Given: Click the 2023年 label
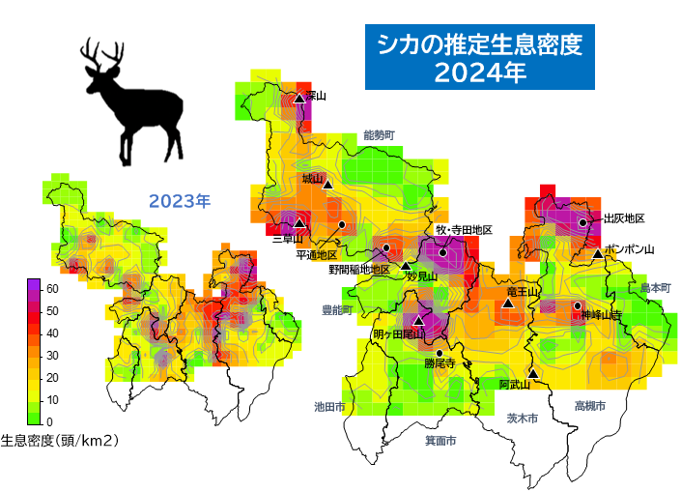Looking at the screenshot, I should tap(179, 201).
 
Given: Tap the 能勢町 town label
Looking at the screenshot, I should tap(379, 135).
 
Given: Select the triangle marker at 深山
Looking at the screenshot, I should tap(299, 99).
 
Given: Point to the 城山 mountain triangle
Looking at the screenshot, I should tap(327, 184).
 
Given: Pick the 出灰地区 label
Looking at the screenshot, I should tap(623, 219).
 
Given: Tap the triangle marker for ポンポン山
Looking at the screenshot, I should tap(598, 253).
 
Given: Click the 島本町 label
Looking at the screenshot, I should tap(654, 288).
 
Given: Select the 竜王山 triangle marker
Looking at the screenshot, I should tap(506, 304).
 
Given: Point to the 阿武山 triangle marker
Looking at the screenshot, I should tap(533, 372).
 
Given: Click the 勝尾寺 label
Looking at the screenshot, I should tap(440, 364).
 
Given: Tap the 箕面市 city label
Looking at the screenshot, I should tap(440, 440).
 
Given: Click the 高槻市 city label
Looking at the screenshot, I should tap(589, 406).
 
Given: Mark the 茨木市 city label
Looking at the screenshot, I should tap(522, 418).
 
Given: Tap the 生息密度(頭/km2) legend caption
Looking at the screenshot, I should tap(60, 441).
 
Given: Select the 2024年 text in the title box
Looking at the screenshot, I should tap(479, 73).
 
